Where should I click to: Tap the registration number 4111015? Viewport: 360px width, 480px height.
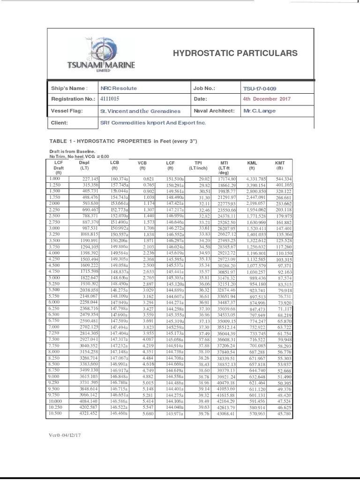click(110, 99)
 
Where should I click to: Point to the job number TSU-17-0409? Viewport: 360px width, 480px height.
click(260, 88)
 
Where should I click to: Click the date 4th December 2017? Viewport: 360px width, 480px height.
click(267, 99)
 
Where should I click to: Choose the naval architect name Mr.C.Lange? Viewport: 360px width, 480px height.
click(259, 111)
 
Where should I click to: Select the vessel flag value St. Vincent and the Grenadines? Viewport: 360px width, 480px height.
click(140, 111)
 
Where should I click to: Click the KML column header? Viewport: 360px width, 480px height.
click(252, 165)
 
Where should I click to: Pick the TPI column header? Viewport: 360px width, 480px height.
click(198, 165)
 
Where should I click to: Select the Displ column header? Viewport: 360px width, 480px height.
click(84, 165)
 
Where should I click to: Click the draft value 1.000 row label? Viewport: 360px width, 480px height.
click(55, 179)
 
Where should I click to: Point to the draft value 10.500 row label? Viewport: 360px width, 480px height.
click(55, 413)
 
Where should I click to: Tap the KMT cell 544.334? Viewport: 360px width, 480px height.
click(284, 179)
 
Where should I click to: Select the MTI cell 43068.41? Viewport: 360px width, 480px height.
click(225, 413)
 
